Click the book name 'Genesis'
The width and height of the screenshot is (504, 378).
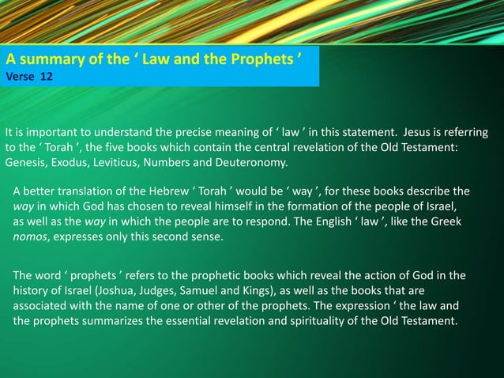(x=26, y=163)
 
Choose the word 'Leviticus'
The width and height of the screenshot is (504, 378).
(x=125, y=163)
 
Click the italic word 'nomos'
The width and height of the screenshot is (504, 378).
(x=32, y=236)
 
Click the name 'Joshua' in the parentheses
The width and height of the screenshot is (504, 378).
(x=119, y=291)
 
